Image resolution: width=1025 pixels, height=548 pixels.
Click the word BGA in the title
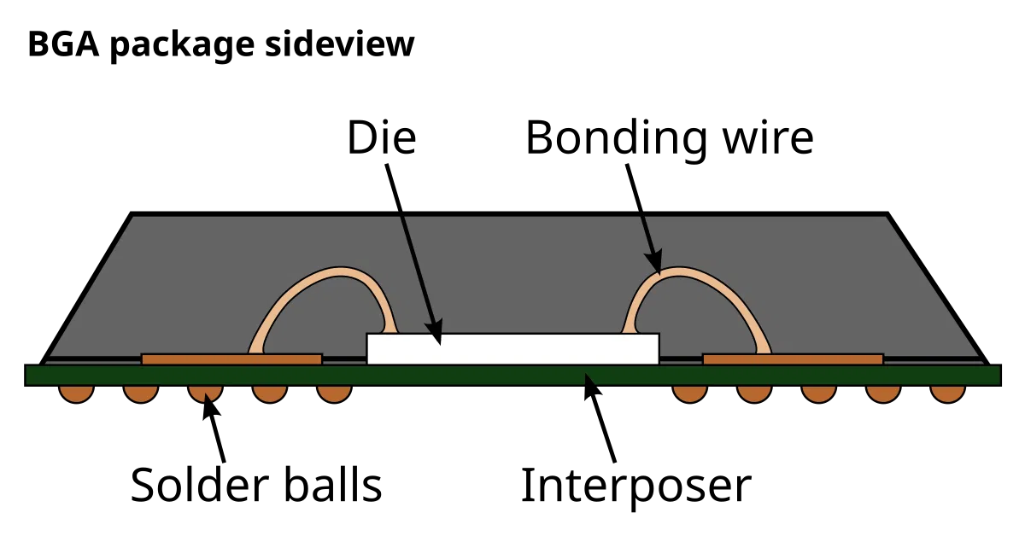tap(63, 44)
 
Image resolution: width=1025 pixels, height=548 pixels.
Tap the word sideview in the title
tap(340, 44)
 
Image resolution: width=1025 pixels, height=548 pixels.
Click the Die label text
tap(382, 137)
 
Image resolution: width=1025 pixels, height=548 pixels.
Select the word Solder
tap(200, 485)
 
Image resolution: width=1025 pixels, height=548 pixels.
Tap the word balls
tap(332, 485)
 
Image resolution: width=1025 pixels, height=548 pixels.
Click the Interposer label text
tap(636, 487)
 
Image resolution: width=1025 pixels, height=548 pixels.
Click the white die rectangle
tap(513, 349)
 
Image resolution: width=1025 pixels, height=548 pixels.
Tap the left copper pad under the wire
tap(231, 359)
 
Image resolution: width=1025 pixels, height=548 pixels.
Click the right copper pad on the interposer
tap(793, 359)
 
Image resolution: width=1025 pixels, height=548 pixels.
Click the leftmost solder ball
tap(76, 394)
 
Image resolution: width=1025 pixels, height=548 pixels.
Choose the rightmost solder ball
tap(947, 394)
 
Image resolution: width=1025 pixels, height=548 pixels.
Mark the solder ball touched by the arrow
tap(206, 394)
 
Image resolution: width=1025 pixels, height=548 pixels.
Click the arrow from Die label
tap(413, 254)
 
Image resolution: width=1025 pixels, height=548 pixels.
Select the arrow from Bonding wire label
tap(644, 219)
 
